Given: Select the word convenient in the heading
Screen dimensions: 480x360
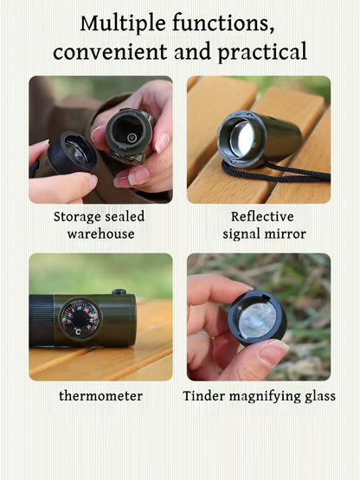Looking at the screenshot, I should (x=112, y=52).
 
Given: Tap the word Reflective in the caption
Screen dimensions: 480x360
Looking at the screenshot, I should (x=262, y=216).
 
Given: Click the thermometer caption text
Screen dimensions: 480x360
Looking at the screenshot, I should (x=101, y=396).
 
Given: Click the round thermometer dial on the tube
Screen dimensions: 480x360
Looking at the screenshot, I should (x=80, y=318).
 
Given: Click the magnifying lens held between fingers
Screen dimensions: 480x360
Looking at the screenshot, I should (x=257, y=318).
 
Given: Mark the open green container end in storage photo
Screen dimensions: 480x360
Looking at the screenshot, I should (x=130, y=132).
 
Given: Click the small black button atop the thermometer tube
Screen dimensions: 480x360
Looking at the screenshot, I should (x=119, y=292).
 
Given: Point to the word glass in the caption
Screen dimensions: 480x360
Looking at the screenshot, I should (x=316, y=396).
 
